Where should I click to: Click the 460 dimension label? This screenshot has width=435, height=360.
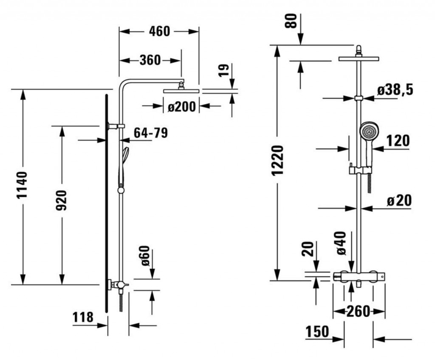160,31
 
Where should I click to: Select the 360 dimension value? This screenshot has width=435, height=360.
150,60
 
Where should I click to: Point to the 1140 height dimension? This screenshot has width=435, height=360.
22,186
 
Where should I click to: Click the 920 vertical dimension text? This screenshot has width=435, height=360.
61,201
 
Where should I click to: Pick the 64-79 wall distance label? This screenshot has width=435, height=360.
150,133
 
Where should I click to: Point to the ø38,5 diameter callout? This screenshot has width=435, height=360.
395,90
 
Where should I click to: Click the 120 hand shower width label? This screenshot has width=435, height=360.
398,141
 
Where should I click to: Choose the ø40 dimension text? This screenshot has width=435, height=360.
341,243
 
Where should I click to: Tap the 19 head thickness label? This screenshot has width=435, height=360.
223,70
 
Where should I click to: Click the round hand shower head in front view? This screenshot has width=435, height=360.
369,131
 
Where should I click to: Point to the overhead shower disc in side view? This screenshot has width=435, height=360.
181,90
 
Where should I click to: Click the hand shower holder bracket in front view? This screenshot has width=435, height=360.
359,170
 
